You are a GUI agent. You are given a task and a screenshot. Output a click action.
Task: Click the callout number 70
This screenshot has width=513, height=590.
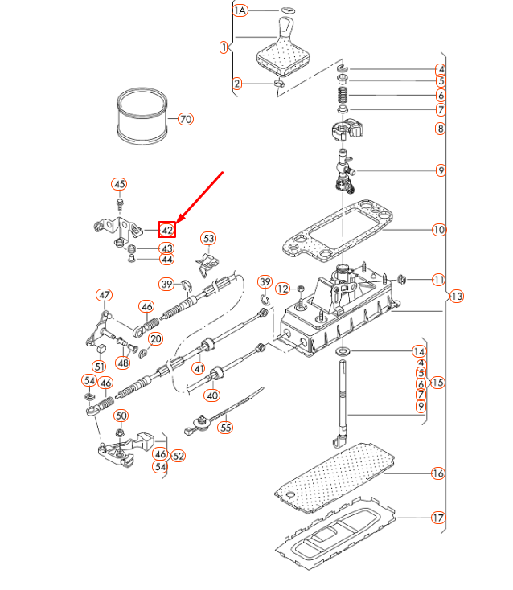(x=186, y=120)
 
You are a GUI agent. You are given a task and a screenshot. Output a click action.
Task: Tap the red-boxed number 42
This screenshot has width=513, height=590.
(x=166, y=231)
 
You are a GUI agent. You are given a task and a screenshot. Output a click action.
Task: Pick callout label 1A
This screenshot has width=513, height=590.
(x=240, y=10)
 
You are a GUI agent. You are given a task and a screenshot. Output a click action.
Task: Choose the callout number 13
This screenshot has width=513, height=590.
(x=457, y=297)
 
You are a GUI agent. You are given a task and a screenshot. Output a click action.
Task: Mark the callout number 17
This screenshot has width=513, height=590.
(x=438, y=518)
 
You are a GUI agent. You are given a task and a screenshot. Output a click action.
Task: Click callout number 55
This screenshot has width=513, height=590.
(x=226, y=428)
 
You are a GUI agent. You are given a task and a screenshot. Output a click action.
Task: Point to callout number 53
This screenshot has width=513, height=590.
(x=208, y=239)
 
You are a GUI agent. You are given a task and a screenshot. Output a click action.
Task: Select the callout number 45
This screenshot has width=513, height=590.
(x=119, y=185)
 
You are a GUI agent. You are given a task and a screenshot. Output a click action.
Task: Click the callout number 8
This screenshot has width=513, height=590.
(x=440, y=128)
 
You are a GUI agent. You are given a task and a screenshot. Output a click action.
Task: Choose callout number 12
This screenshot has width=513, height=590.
(x=282, y=288)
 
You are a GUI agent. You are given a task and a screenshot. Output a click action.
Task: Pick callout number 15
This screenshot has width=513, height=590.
(x=437, y=382)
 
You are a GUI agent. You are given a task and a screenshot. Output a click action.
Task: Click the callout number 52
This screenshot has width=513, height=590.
(x=179, y=456)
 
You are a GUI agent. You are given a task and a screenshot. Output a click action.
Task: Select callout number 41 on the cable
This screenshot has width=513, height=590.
(x=198, y=368)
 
